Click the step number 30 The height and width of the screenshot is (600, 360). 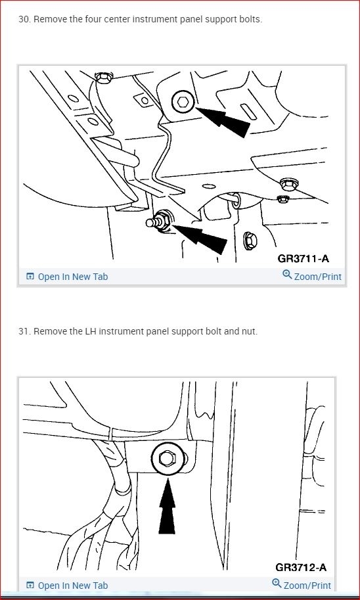24,20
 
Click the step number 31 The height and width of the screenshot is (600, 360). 24,331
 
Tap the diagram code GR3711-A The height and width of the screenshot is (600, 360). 303,258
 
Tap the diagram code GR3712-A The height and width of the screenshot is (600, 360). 301,567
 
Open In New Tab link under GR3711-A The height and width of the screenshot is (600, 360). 67,276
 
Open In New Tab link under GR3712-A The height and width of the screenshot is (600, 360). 67,586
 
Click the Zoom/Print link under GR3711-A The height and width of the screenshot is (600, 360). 312,276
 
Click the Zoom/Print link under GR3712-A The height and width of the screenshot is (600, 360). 302,585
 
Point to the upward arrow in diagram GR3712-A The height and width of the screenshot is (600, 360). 167,506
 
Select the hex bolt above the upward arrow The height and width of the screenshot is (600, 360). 167,459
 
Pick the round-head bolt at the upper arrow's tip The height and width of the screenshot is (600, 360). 183,102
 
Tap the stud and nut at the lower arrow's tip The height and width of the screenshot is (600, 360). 160,221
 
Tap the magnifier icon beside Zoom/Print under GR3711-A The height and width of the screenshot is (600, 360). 287,274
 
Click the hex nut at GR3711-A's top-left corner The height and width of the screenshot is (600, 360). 104,78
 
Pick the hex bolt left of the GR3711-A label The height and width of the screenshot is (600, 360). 250,241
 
